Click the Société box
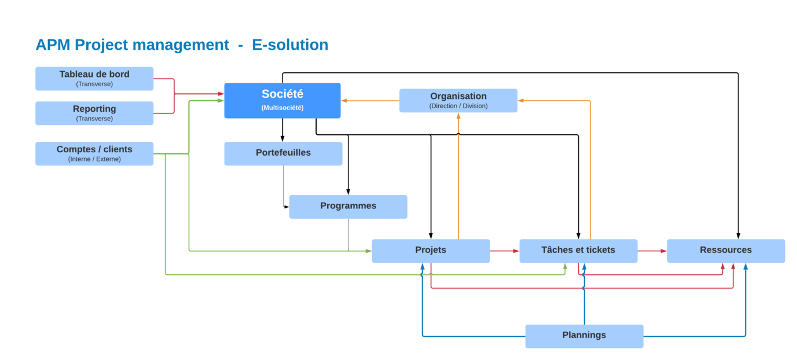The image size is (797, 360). tap(282, 100)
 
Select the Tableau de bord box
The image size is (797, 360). tap(94, 78)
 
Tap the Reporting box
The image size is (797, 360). tap(94, 113)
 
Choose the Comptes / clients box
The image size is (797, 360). tap(94, 153)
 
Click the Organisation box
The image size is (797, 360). tap(458, 100)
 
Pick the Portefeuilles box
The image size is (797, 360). tap(283, 153)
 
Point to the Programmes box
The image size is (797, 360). tap(348, 206)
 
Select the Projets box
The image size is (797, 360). tap(431, 251)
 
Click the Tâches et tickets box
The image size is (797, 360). tap(578, 251)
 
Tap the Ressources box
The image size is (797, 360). tap(725, 251)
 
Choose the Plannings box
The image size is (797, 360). tap(584, 336)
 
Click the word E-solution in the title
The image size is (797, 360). tap(290, 45)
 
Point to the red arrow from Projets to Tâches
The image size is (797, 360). tap(504, 251)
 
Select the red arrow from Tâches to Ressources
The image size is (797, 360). tap(652, 251)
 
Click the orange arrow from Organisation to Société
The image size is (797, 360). tap(370, 101)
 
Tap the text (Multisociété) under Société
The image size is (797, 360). tap(282, 108)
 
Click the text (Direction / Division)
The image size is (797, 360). tap(458, 106)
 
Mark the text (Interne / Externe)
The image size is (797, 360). tap(94, 159)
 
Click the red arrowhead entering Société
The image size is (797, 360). tap(221, 94)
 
